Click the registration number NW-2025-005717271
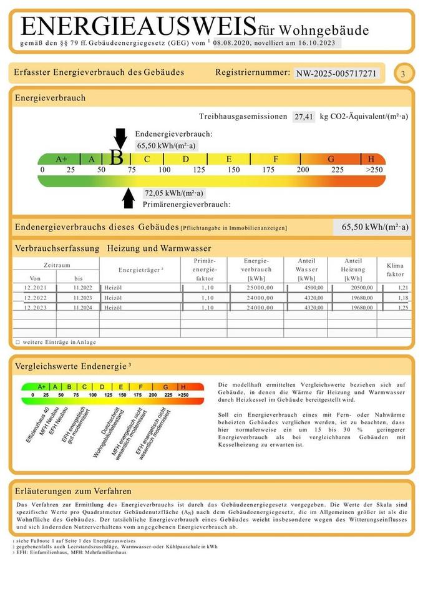click(336, 74)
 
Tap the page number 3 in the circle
click(403, 74)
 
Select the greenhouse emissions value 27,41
click(304, 117)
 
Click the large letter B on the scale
click(116, 158)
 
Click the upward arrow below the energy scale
click(129, 197)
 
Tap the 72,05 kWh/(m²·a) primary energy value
click(173, 193)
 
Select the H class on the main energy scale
click(371, 159)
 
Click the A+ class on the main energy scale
click(61, 159)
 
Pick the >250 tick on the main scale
click(374, 170)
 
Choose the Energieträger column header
click(140, 270)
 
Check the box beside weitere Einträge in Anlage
click(17, 342)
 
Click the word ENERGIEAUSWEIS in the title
click(138, 27)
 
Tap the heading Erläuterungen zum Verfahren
click(73, 491)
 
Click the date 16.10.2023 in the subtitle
click(319, 43)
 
